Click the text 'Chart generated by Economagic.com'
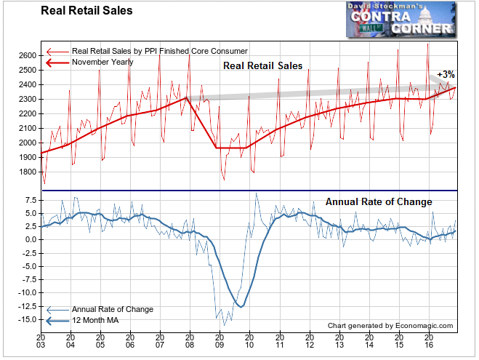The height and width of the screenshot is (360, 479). [x=390, y=326]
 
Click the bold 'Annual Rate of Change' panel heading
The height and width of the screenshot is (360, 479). [x=378, y=202]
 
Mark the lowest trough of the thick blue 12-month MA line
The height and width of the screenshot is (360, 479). [x=241, y=306]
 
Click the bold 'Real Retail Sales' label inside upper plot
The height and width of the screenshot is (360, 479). [x=262, y=66]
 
